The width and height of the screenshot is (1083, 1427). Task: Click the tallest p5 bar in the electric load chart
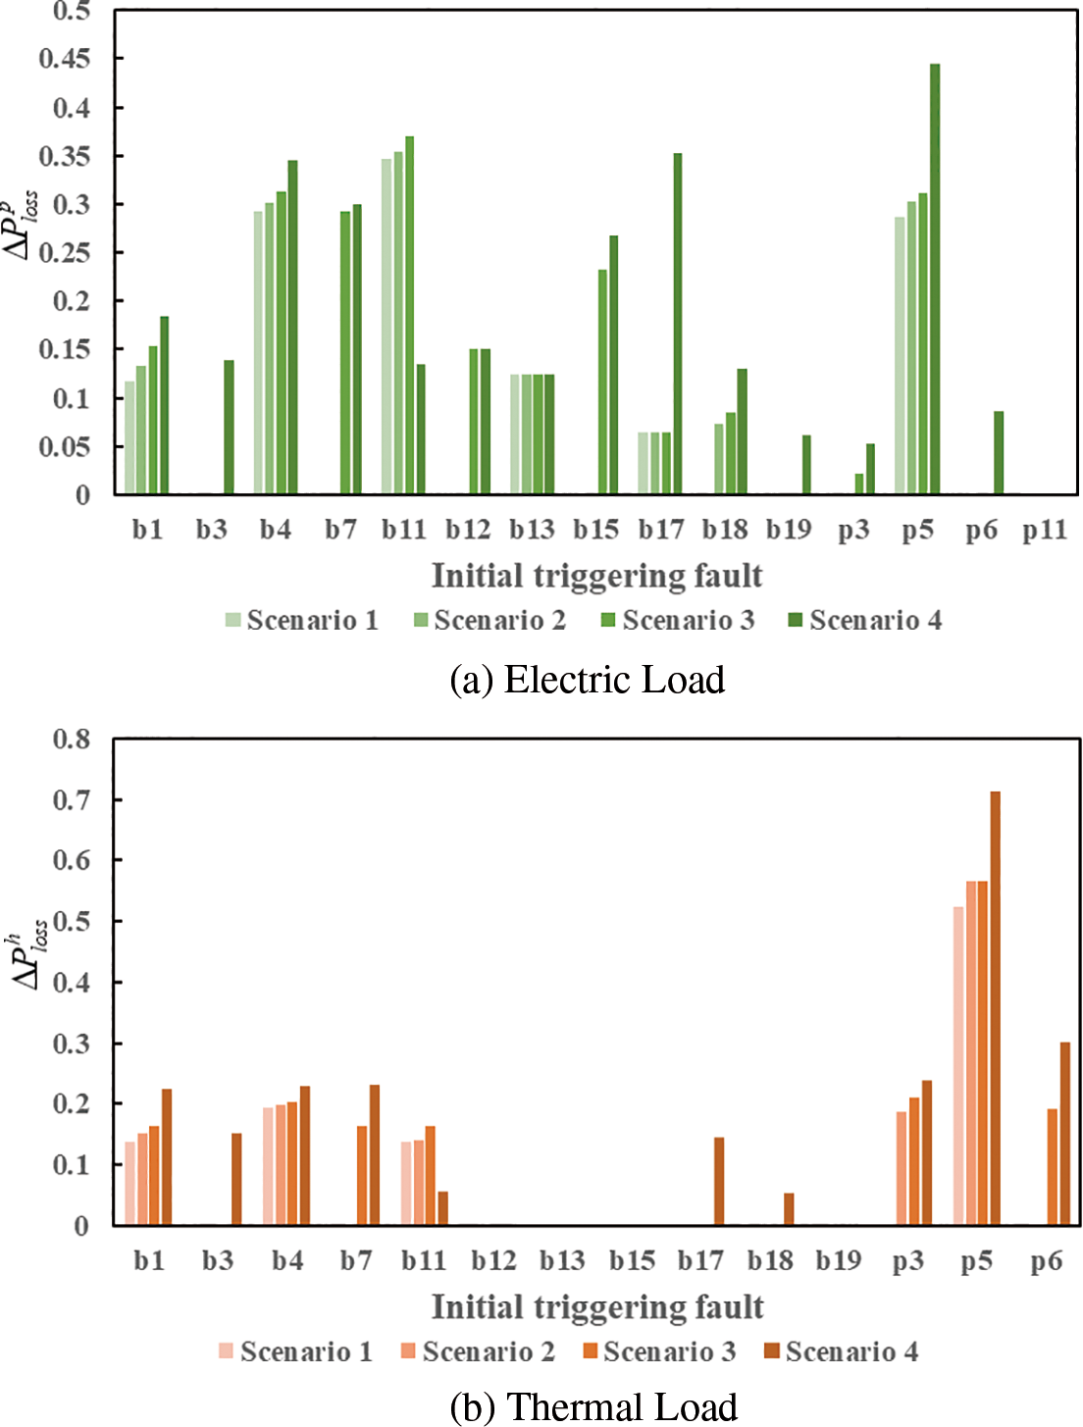tap(935, 280)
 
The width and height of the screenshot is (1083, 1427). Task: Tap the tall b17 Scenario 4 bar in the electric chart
tap(677, 324)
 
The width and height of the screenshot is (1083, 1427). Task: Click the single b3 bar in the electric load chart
tap(229, 428)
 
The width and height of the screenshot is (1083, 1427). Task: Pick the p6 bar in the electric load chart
tap(999, 453)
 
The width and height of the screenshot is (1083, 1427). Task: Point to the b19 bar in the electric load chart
tap(806, 465)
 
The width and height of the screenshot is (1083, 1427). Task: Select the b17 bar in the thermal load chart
tap(719, 1181)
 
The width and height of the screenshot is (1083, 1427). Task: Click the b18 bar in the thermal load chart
tap(789, 1209)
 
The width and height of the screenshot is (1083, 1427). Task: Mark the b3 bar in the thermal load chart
tap(236, 1179)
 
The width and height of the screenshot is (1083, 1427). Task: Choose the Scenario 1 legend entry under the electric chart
tap(302, 620)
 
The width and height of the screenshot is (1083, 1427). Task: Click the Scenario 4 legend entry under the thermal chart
tap(842, 1351)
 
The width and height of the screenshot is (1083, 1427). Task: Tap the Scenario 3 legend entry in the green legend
tap(678, 620)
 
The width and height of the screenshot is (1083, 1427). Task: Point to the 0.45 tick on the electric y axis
tap(65, 59)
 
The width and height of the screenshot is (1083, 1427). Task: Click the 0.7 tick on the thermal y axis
tap(72, 799)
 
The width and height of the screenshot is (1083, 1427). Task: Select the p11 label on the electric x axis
tap(1044, 531)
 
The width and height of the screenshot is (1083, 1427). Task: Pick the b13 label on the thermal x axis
tap(562, 1260)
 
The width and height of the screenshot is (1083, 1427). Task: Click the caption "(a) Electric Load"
tap(587, 680)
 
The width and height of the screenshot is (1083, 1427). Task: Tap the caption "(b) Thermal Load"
tap(593, 1406)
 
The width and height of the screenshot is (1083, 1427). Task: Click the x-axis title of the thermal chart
tap(597, 1306)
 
